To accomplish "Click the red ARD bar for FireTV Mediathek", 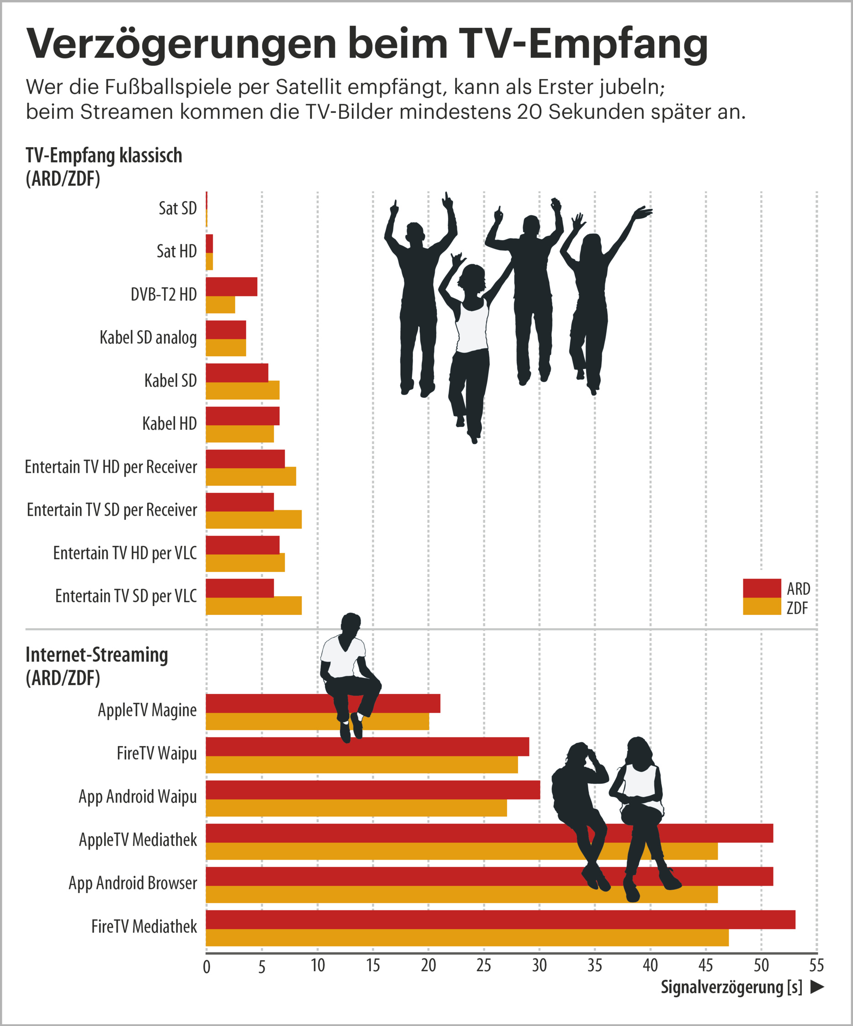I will (500, 920).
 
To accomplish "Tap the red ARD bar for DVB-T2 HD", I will (231, 286).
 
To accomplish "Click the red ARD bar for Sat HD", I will (209, 243).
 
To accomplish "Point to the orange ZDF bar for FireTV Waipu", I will (361, 765).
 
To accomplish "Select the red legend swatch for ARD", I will (761, 588).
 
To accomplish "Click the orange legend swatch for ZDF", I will (761, 606).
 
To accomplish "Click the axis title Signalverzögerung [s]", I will (731, 987).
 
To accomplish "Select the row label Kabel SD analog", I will (148, 338).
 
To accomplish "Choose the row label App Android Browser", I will (132, 883).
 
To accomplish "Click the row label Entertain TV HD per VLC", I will (125, 553).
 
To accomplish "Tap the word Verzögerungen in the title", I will (181, 44).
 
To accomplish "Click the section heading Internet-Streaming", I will (96, 655).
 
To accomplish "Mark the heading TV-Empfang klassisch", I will (104, 155).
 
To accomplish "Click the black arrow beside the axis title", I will (817, 987).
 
